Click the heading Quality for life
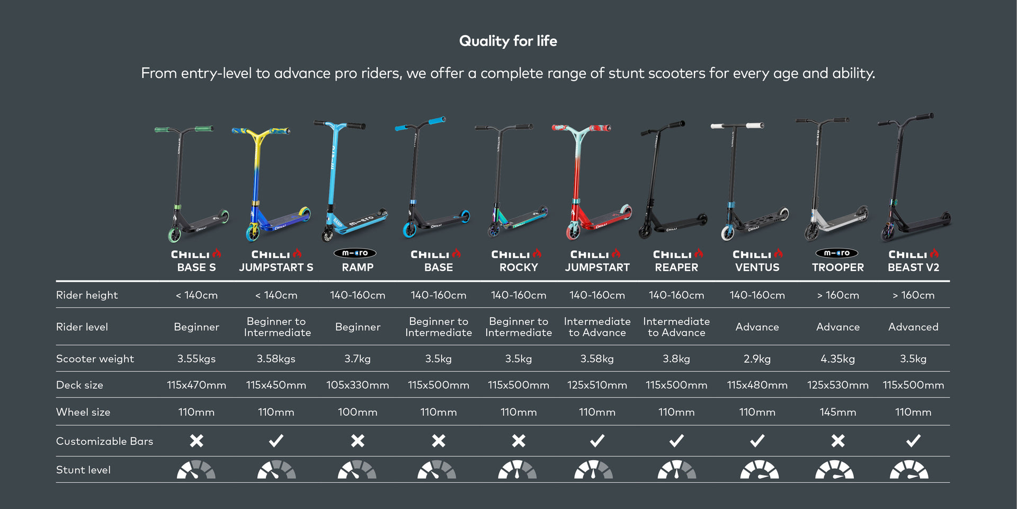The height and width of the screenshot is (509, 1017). point(508,41)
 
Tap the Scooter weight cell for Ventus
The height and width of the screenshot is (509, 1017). point(757,359)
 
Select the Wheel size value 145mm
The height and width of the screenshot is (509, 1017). point(837,412)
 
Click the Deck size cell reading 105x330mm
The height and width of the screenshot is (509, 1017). point(358,385)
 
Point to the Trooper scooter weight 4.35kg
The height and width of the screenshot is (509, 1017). point(837,359)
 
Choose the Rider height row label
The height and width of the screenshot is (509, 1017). point(87,295)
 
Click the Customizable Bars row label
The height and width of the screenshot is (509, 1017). point(104,441)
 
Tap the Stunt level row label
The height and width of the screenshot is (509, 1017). point(83,470)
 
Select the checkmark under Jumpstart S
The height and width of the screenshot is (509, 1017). point(276,441)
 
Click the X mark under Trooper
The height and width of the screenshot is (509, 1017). point(837,441)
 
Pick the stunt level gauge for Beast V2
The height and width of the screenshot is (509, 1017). point(909,470)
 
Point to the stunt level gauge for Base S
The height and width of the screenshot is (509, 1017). point(196,470)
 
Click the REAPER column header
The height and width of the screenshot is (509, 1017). point(676,268)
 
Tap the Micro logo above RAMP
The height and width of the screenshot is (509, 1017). point(355,253)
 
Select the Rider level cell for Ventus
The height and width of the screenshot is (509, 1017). point(757,327)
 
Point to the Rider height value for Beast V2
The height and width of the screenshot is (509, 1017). point(913,295)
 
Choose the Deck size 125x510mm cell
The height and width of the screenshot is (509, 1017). point(597,385)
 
